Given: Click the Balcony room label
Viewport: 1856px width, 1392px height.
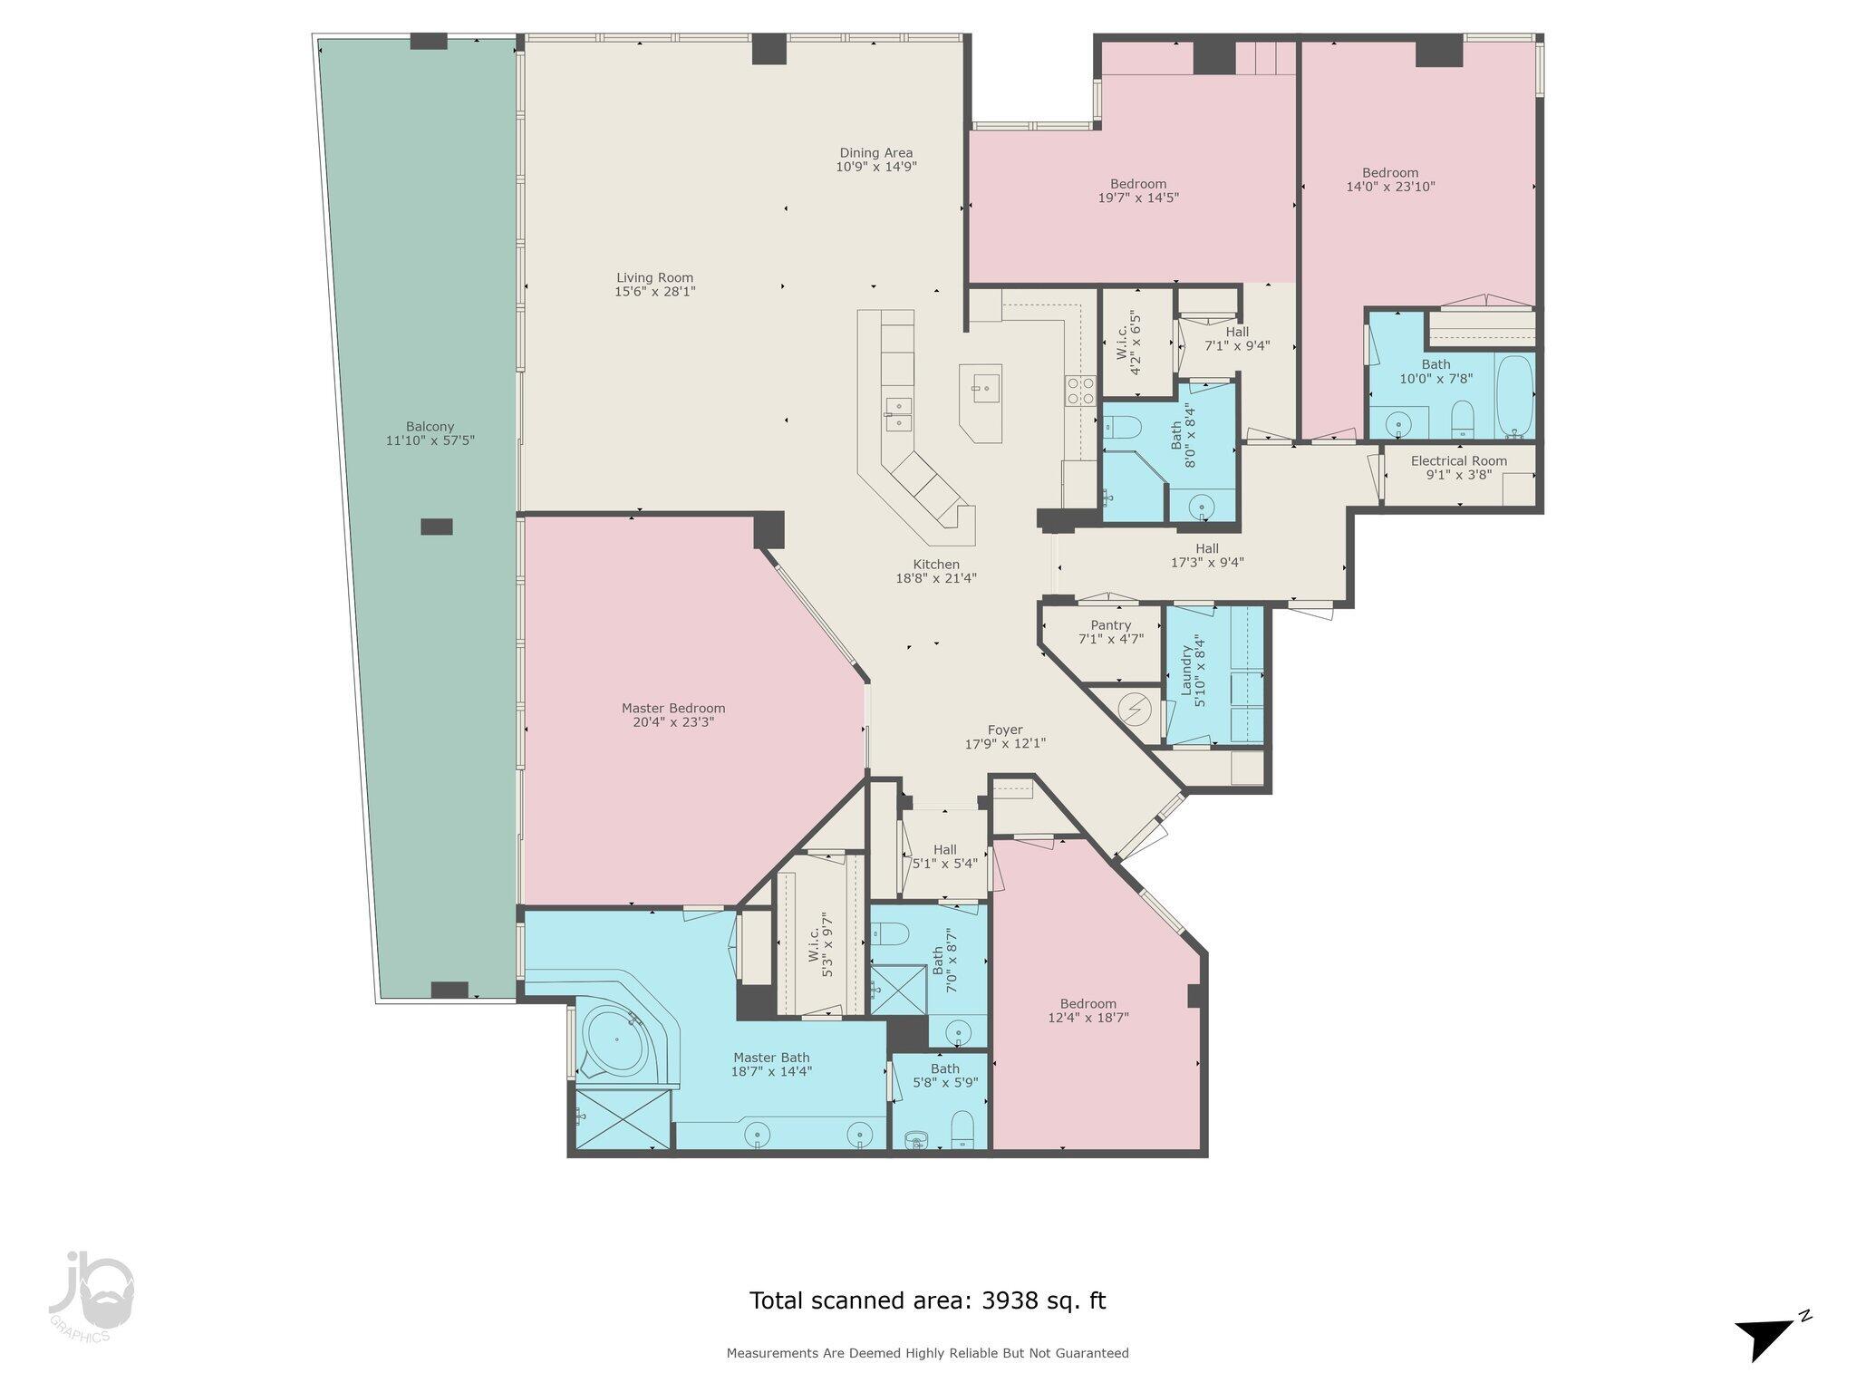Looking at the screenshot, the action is coord(430,433).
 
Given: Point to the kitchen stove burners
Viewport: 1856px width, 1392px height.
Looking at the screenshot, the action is coord(1081,390).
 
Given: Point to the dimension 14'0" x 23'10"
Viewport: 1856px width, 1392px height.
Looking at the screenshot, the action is coord(1391,187).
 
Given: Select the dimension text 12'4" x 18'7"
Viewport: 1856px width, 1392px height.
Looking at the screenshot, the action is coord(1088,1018).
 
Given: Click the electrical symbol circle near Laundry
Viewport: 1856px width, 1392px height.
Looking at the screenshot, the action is coord(1133,707).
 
